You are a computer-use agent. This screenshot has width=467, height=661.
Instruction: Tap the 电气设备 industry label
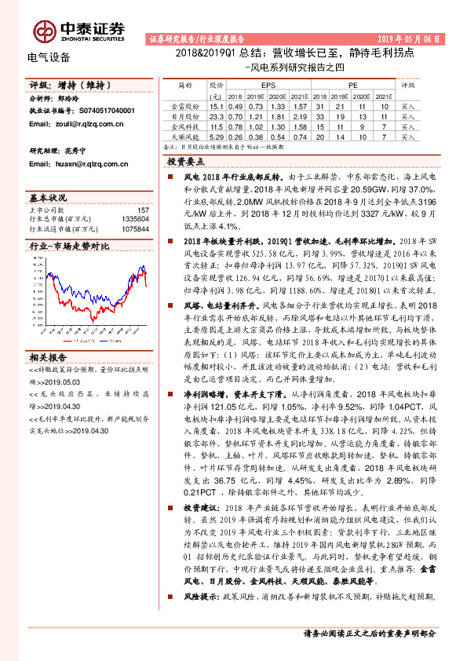(49, 57)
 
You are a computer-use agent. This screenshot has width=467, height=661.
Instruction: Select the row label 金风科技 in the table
(185, 125)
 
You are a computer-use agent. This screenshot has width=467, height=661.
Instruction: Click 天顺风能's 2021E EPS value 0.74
(297, 135)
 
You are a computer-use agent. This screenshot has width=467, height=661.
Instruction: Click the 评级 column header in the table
(407, 82)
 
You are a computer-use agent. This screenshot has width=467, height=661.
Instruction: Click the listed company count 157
(143, 210)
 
